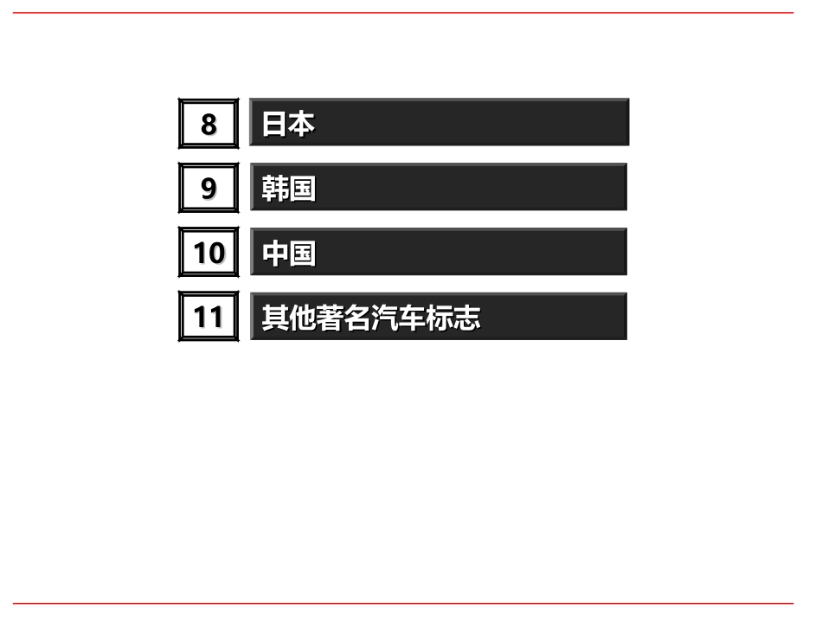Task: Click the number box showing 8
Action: (209, 124)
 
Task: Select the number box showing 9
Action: (209, 188)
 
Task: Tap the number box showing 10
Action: (209, 253)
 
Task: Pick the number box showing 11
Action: (209, 318)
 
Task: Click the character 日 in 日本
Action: (275, 124)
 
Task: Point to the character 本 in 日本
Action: (301, 124)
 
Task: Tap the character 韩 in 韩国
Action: (275, 188)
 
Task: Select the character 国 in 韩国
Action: (302, 188)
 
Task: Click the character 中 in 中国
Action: (275, 254)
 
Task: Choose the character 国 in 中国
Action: (302, 254)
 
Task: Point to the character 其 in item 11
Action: (275, 318)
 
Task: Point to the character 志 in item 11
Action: (467, 318)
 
